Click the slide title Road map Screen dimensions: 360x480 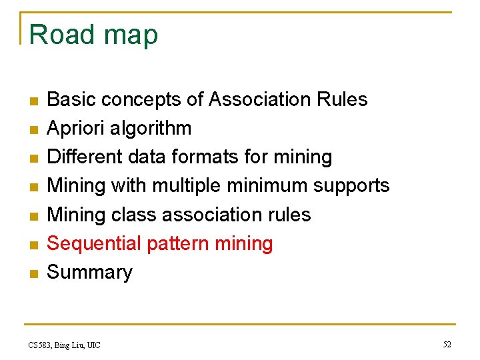[93, 35]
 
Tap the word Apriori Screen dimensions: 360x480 [73, 128]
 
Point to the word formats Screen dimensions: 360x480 [203, 157]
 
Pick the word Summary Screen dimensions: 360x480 [89, 272]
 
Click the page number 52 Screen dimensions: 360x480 [447, 345]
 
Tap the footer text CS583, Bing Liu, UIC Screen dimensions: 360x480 [64, 345]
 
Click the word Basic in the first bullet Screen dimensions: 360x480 [70, 99]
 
